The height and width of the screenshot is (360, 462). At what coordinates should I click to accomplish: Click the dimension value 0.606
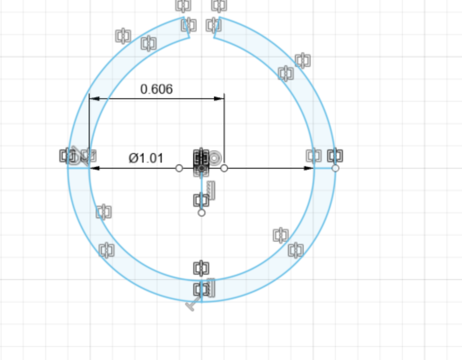pyautogui.click(x=157, y=89)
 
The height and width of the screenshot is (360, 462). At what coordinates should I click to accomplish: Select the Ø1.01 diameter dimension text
pyautogui.click(x=146, y=158)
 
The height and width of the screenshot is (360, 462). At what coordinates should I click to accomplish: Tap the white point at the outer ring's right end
pyautogui.click(x=335, y=168)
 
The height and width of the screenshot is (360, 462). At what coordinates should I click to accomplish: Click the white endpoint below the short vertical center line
pyautogui.click(x=201, y=213)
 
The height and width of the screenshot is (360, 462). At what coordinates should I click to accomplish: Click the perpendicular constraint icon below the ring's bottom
pyautogui.click(x=193, y=305)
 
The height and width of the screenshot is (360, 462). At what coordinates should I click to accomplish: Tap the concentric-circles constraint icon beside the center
pyautogui.click(x=215, y=157)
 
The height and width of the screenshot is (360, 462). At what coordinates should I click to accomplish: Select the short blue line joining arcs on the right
pyautogui.click(x=324, y=168)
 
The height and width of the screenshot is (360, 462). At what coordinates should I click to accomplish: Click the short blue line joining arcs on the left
pyautogui.click(x=78, y=168)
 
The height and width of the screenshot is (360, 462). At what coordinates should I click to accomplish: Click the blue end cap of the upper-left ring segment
pyautogui.click(x=187, y=27)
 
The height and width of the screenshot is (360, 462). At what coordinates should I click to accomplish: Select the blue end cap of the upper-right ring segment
pyautogui.click(x=217, y=27)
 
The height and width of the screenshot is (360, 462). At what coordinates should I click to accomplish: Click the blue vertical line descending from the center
pyautogui.click(x=201, y=191)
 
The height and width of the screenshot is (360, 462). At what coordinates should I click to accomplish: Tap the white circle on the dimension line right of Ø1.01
pyautogui.click(x=179, y=168)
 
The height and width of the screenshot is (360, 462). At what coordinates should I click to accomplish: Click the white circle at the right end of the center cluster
pyautogui.click(x=224, y=168)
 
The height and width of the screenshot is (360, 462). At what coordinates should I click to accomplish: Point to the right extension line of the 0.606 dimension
pyautogui.click(x=224, y=130)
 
